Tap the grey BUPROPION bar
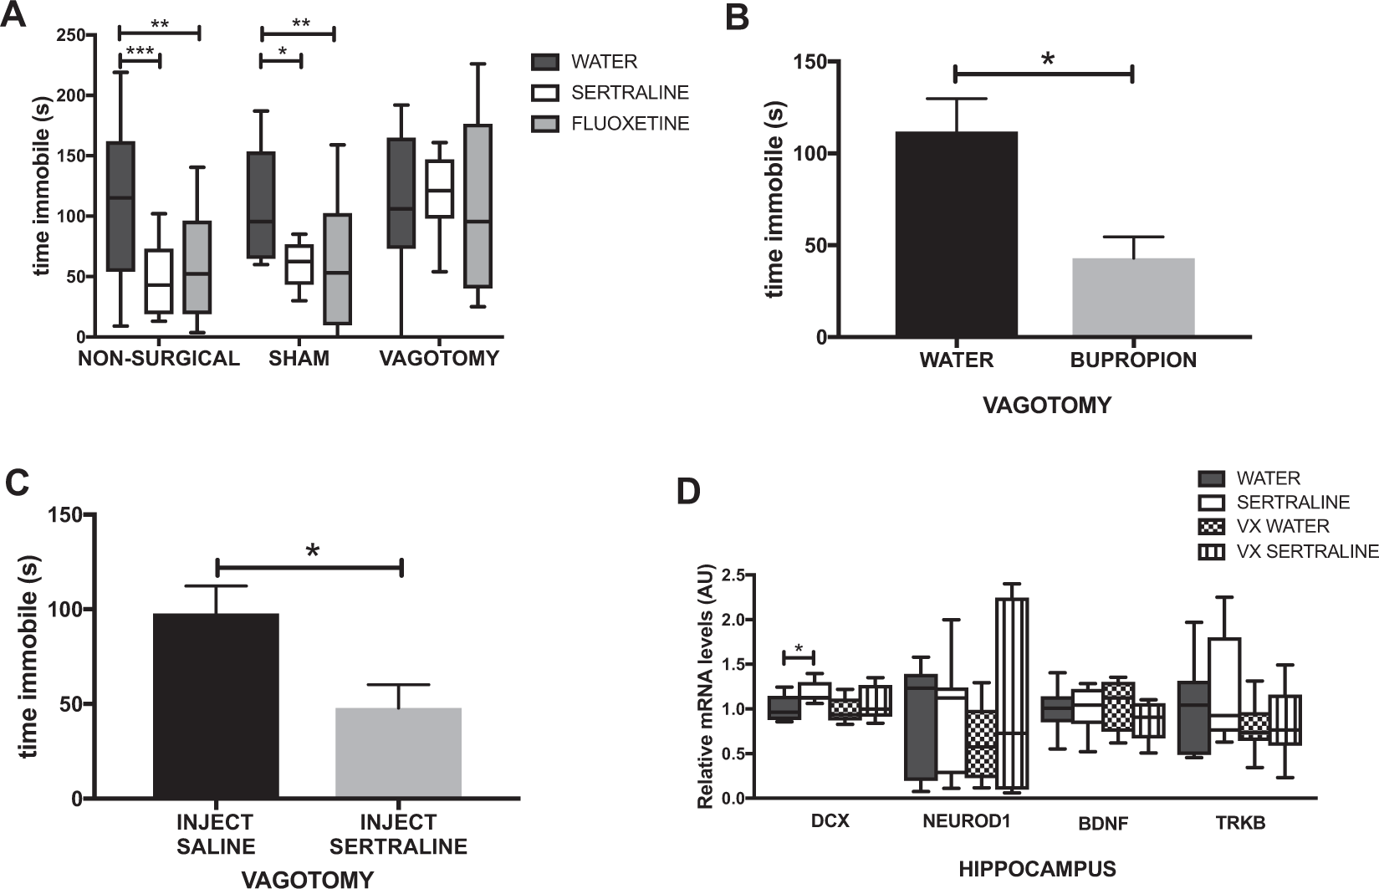pos(1133,298)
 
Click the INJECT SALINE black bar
pos(217,706)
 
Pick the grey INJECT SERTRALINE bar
pos(398,753)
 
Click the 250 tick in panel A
pos(72,34)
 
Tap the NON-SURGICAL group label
pos(159,359)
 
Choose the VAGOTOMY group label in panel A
pos(439,359)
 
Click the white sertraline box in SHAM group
pos(299,264)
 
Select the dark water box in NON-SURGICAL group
pos(122,207)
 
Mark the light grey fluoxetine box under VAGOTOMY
pos(478,206)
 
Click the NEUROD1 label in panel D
pos(967,821)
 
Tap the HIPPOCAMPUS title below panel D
pos(1037,869)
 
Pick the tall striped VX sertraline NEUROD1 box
pos(1011,693)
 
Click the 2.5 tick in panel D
pos(732,575)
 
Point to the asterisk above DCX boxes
pos(799,647)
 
